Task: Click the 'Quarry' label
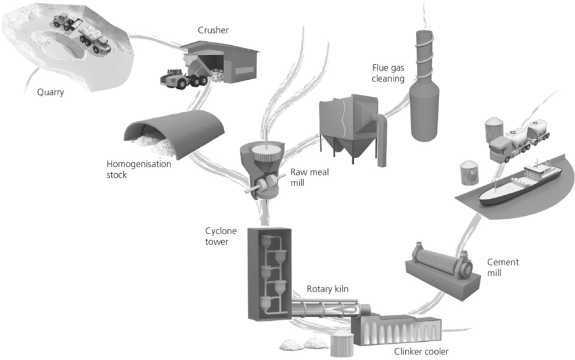tap(50, 92)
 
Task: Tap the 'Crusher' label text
tap(213, 30)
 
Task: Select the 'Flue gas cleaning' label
tap(388, 73)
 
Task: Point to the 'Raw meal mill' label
tap(310, 177)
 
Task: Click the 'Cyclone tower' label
tap(217, 237)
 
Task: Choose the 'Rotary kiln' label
tap(327, 289)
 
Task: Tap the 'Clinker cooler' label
tap(421, 351)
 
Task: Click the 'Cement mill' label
tap(503, 267)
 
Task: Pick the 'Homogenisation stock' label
tap(139, 169)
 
